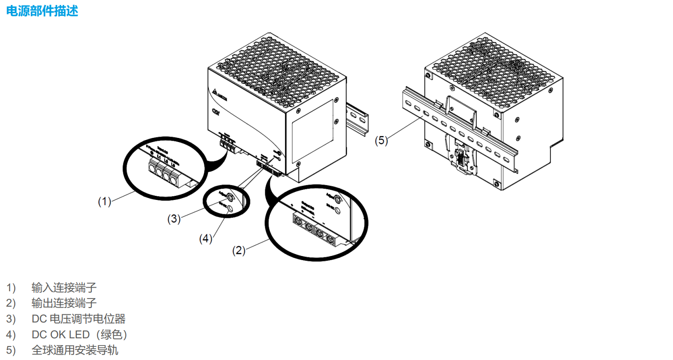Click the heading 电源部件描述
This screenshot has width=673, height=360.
(x=42, y=11)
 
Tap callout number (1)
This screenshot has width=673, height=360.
(x=104, y=201)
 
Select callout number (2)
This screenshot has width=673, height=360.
(x=239, y=250)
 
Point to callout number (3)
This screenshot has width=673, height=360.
(x=174, y=219)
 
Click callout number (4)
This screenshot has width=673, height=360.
(x=206, y=239)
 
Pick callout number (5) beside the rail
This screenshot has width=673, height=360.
(x=381, y=141)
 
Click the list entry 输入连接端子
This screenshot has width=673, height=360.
(x=64, y=287)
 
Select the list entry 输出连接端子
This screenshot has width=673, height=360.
(x=64, y=303)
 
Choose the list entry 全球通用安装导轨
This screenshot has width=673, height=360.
(x=75, y=351)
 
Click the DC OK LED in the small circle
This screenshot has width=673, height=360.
(x=230, y=208)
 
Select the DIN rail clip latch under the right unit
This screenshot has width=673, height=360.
(x=461, y=161)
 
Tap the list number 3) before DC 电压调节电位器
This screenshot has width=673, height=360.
(x=11, y=319)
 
